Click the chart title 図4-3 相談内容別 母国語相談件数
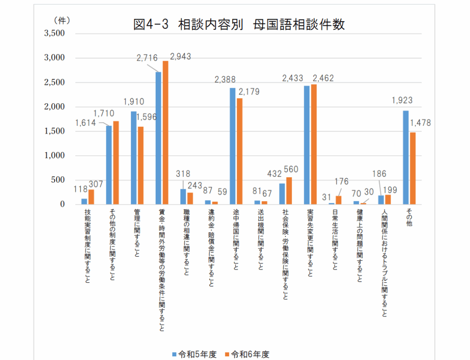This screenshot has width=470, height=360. pos(238,24)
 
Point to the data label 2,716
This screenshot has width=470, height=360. pos(147,58)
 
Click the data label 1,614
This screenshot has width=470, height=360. pos(85,123)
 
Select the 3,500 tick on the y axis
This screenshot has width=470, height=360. pos(55,34)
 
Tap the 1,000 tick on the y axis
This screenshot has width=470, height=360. pos(55,156)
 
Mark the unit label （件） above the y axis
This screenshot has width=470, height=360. pos(62,20)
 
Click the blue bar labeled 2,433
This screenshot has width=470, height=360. pos(307,145)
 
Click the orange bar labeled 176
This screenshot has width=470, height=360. pos(338,200)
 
